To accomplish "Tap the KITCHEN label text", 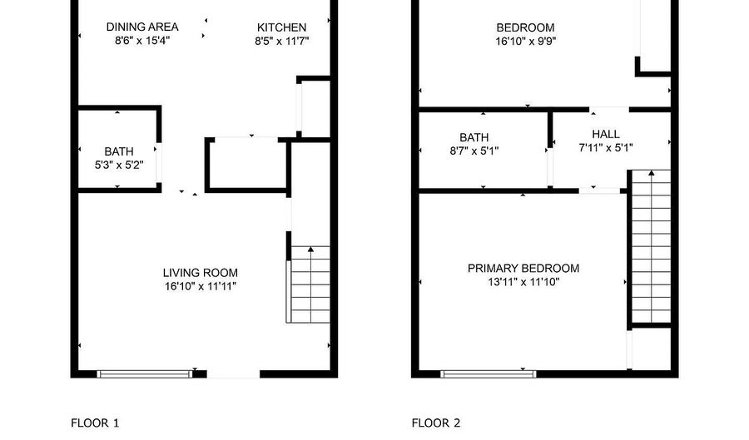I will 281,27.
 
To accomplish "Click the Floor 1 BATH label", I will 118,151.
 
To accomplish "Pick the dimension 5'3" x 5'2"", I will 118,164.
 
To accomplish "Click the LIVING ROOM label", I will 200,273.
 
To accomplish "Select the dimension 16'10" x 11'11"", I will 200,286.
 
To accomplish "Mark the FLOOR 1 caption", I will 95,423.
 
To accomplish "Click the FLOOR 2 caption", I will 436,423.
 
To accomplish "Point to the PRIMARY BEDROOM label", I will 523,269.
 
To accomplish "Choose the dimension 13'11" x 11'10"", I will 523,282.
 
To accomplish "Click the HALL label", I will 605,134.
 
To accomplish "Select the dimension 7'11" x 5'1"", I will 605,148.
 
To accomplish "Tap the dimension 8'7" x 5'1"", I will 474,151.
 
